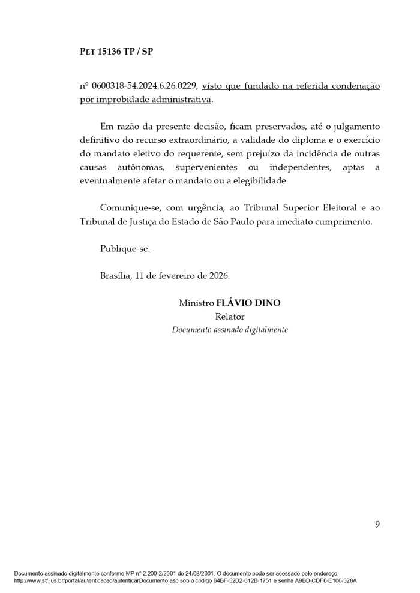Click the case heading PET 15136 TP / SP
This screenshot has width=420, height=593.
[x=116, y=52]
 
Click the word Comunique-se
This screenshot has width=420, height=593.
[x=127, y=207]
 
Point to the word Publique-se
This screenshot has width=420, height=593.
[x=125, y=248]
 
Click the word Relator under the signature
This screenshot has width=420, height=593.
[x=230, y=317]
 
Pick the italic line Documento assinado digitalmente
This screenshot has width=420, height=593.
[x=230, y=330]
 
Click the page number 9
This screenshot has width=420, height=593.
[x=377, y=525]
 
